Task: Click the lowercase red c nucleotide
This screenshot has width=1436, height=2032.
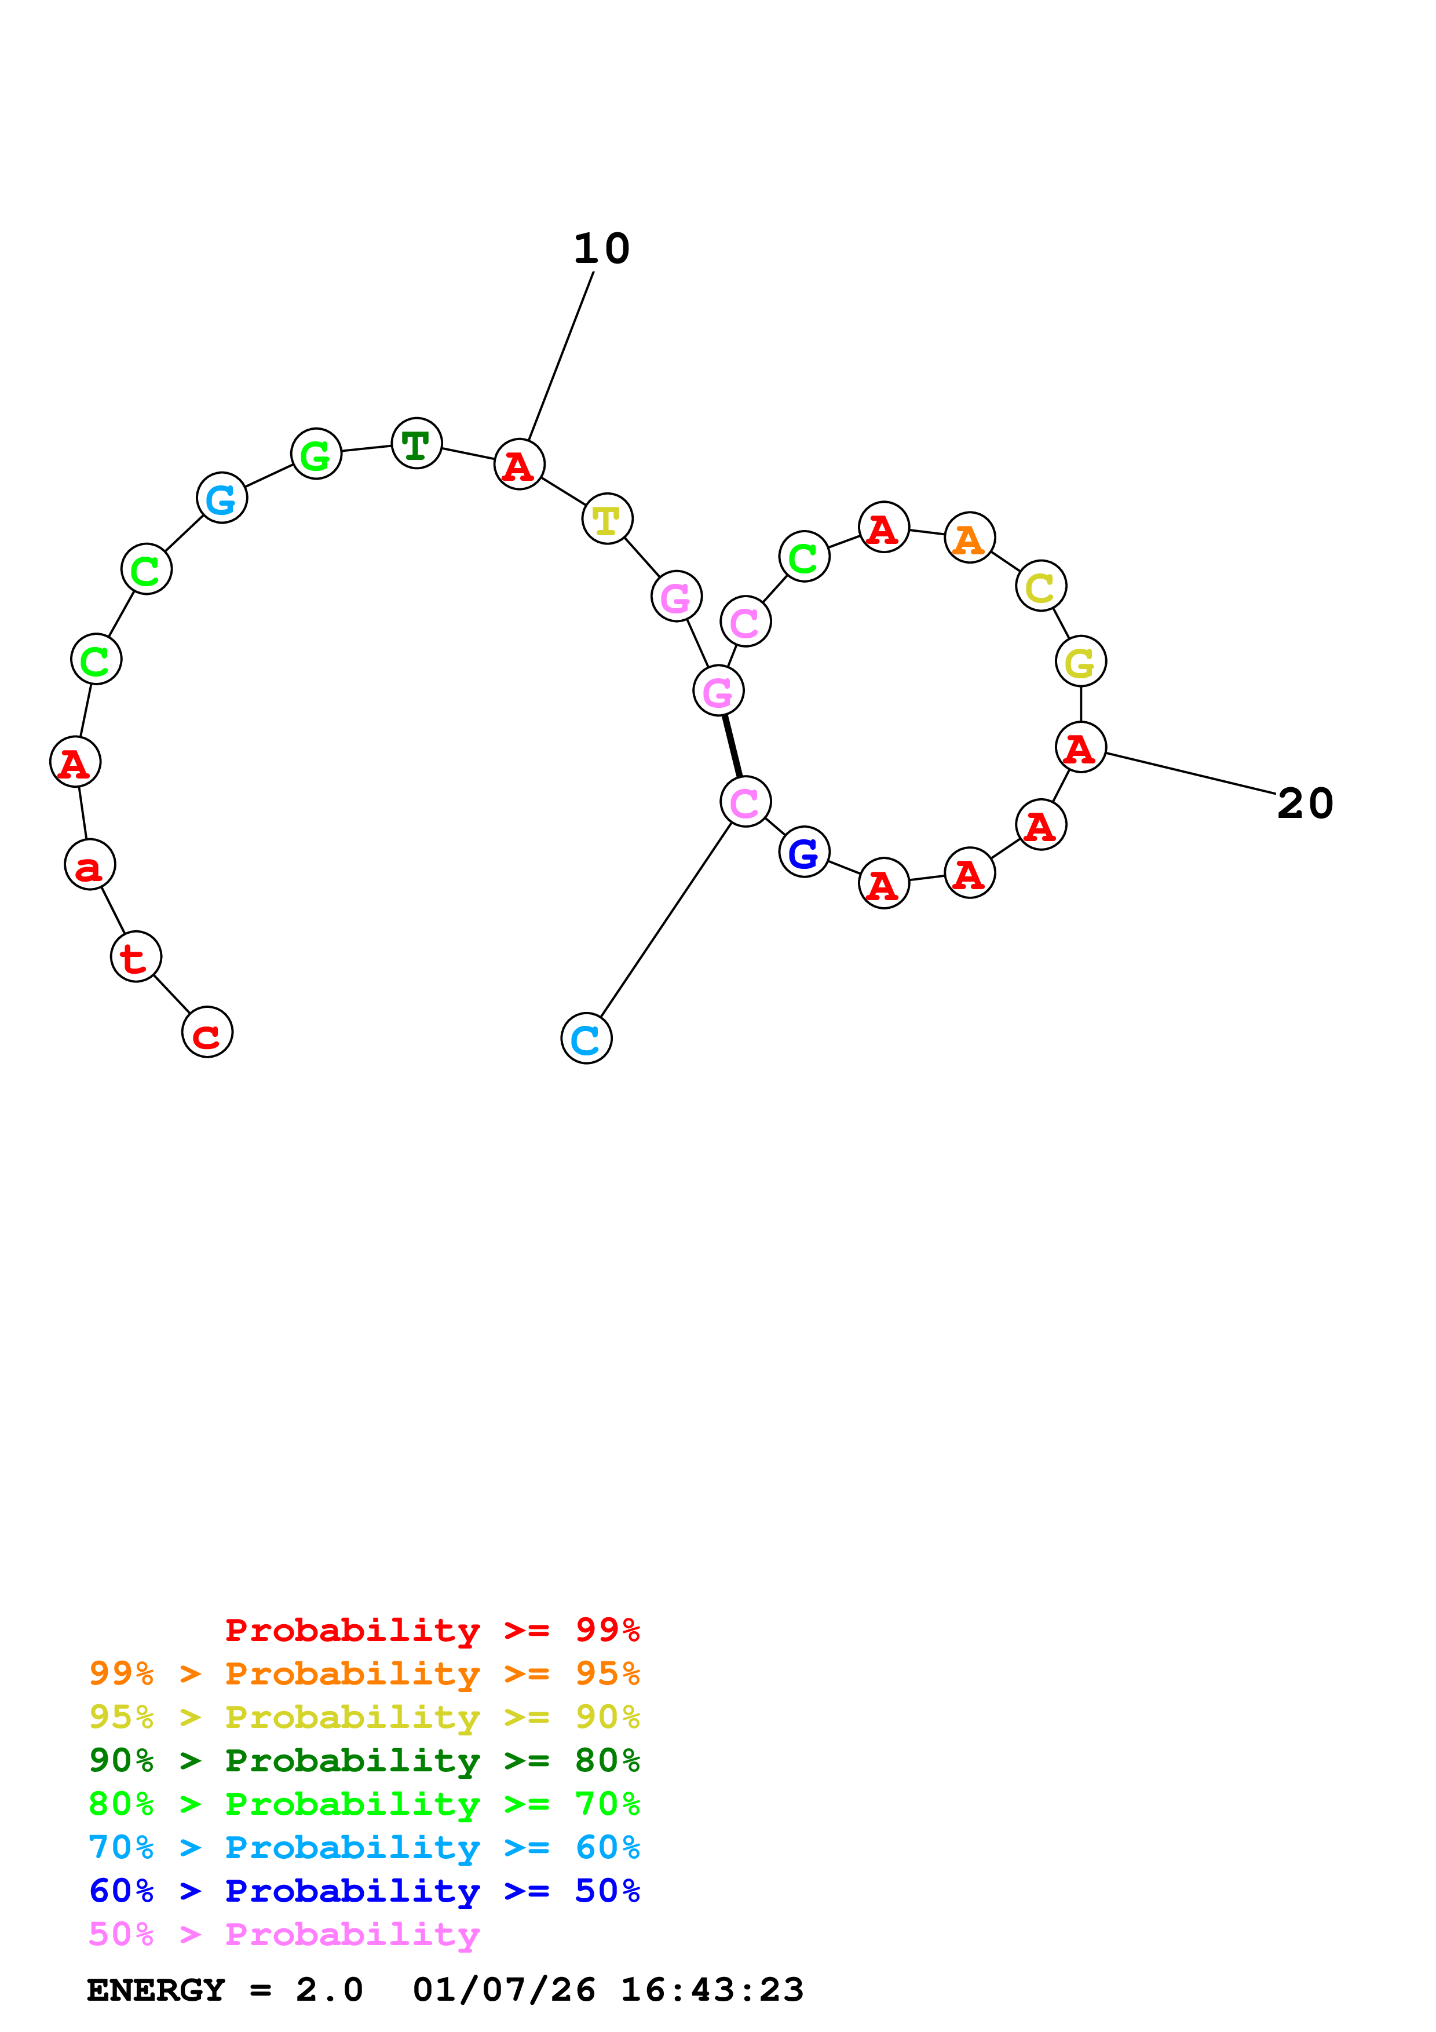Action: tap(207, 1032)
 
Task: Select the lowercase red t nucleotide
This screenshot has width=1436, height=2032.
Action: tap(136, 957)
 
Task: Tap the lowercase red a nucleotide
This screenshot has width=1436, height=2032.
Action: tap(89, 865)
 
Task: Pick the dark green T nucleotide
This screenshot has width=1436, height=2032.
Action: tap(416, 443)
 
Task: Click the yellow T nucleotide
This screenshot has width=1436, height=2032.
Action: tap(607, 520)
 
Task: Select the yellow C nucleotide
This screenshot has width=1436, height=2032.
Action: tap(1040, 586)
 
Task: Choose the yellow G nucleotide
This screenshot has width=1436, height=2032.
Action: tap(1080, 661)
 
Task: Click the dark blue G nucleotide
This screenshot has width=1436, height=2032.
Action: tap(803, 852)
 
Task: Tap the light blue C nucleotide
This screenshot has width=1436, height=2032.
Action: tap(586, 1038)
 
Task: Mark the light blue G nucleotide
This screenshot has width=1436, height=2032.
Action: tap(221, 498)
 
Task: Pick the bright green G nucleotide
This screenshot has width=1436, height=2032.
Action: tap(316, 454)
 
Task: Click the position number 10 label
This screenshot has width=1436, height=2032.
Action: tap(602, 248)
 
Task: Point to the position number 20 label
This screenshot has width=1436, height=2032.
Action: tap(1305, 803)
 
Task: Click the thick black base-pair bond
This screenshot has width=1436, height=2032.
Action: tap(732, 746)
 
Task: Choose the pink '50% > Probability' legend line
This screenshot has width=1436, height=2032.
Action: tap(284, 1934)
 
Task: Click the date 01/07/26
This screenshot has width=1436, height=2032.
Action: tap(503, 1990)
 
